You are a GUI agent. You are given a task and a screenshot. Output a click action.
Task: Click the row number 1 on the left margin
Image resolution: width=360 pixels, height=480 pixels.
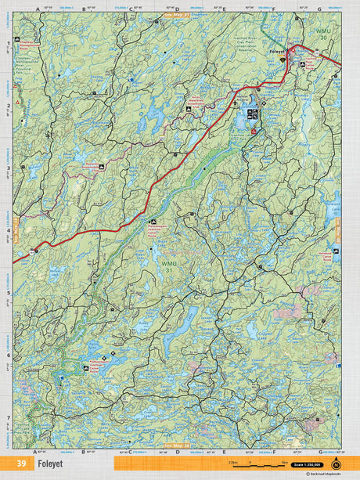point(8,43)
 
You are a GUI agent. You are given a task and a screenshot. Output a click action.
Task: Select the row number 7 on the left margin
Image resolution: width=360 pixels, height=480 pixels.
point(8,417)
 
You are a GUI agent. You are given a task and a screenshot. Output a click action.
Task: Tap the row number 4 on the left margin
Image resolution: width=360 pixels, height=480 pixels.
point(8,230)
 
